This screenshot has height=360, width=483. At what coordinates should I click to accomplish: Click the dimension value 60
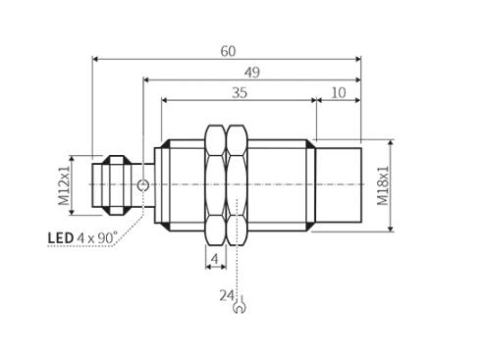228,51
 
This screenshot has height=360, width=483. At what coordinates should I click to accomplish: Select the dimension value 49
252,73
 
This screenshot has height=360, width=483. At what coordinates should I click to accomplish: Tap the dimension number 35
240,93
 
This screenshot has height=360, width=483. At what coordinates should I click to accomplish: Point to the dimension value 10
339,93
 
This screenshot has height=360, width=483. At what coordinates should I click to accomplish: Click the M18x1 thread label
383,185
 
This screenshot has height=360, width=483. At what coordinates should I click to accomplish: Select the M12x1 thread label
64,185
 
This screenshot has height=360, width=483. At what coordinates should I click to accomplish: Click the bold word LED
61,238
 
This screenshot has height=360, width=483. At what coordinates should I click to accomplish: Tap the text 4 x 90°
97,237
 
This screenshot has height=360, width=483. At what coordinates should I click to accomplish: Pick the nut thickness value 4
215,259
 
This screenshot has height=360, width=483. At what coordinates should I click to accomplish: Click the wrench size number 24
227,295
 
